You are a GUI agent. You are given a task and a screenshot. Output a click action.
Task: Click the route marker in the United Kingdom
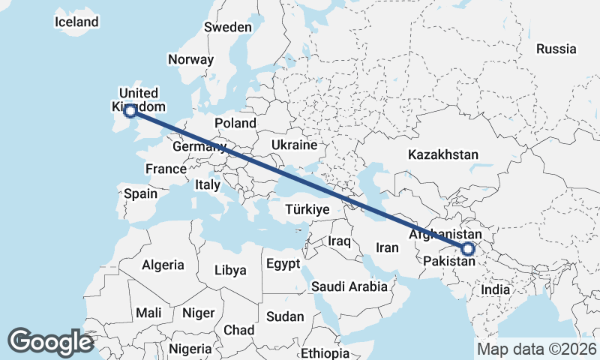click(x=130, y=111)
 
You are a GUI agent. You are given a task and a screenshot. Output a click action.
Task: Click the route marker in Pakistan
click(x=468, y=249)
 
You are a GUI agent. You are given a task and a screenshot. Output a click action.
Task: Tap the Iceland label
click(x=76, y=22)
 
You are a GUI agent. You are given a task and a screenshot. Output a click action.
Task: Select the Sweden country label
click(x=228, y=27)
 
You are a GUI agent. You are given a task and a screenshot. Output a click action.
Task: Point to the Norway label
click(x=190, y=60)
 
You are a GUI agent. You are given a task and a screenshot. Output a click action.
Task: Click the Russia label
click(x=556, y=49)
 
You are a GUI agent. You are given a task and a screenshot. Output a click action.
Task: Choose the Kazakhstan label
click(x=442, y=155)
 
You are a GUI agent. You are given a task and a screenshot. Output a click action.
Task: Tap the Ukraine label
click(x=294, y=145)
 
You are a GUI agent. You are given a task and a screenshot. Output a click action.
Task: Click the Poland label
click(x=235, y=123)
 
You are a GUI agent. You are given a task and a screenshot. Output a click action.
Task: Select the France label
click(x=166, y=169)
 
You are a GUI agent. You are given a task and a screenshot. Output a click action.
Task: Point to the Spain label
click(x=141, y=193)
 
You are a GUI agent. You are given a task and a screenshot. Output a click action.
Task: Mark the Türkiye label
click(x=307, y=210)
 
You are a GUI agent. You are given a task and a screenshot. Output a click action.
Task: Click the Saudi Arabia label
click(x=349, y=286)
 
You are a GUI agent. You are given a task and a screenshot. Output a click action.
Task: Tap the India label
click(x=496, y=289)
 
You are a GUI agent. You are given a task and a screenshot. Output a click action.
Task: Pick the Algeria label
click(x=163, y=265)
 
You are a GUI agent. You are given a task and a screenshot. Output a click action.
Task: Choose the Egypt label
click(x=283, y=264)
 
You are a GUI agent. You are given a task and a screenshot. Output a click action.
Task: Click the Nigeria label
click(x=190, y=349)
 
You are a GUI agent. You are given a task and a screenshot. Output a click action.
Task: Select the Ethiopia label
click(x=325, y=353)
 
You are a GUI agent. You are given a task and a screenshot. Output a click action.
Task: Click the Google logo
click(x=50, y=342)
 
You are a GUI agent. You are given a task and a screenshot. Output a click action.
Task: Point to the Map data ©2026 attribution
click(x=536, y=349)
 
